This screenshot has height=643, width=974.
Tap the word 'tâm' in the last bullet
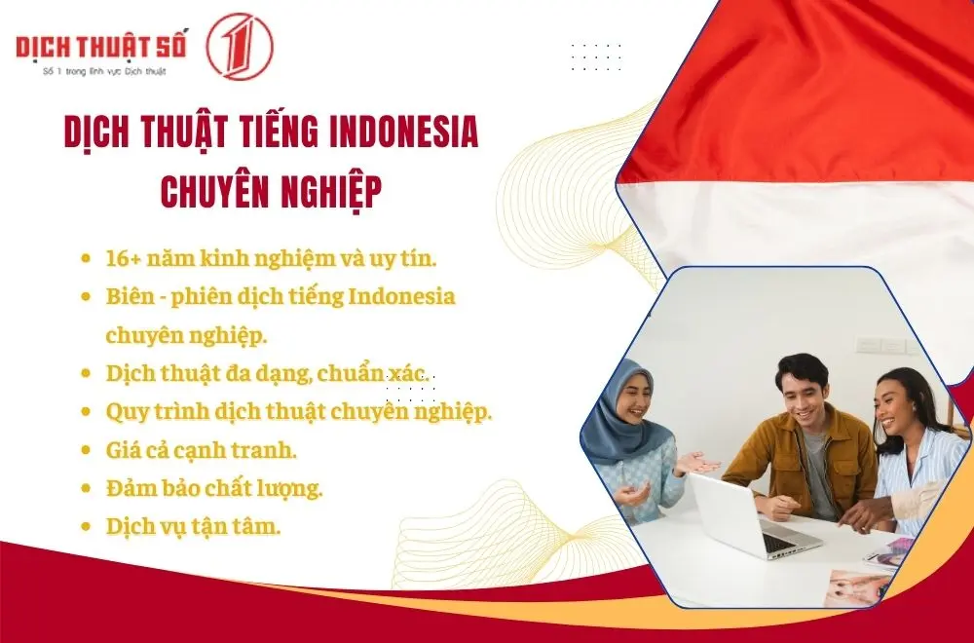click(256, 526)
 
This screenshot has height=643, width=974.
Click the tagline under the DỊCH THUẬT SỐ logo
click(99, 71)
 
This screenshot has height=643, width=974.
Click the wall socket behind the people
click(869, 345)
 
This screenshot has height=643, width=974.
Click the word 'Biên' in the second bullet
click(131, 296)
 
